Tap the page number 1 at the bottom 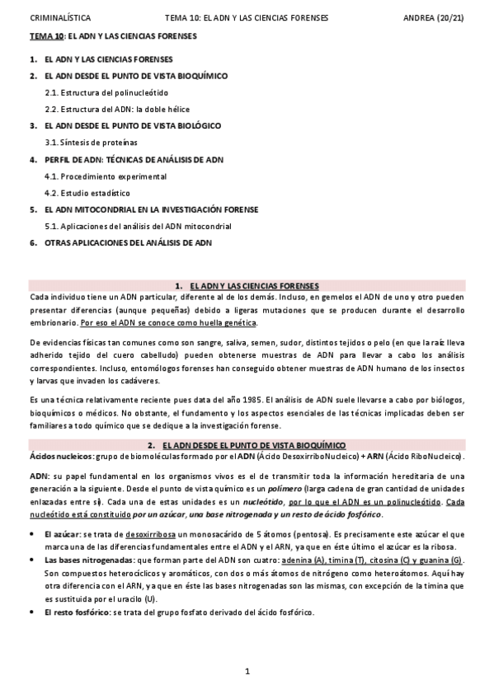tap(247, 672)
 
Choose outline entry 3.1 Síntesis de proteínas tap(91, 142)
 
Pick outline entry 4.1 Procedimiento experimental tap(100, 176)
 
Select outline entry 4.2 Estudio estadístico tap(86, 192)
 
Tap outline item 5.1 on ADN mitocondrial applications tap(138, 226)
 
